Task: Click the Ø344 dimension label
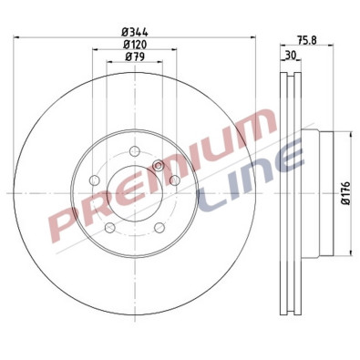[x=137, y=31]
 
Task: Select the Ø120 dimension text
[x=137, y=45]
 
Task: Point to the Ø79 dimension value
[x=137, y=58]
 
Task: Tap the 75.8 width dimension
[x=308, y=39]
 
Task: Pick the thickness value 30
[x=291, y=56]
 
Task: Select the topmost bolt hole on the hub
[x=134, y=150]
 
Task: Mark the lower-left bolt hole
[x=109, y=227]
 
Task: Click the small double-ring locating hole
[x=159, y=165]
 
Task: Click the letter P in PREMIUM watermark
[x=68, y=218]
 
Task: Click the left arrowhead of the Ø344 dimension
[x=19, y=36]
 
